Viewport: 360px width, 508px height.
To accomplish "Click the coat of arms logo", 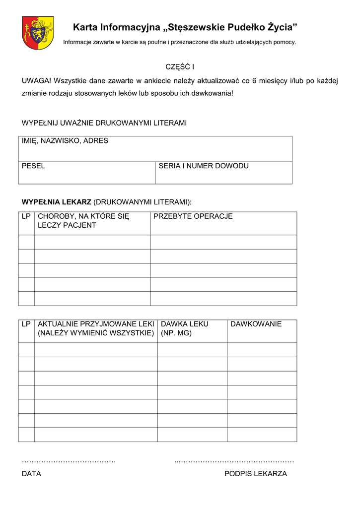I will click(x=38, y=33).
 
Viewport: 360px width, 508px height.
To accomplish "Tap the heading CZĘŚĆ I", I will click(x=180, y=66).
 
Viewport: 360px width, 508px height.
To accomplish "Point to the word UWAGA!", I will click(x=36, y=81).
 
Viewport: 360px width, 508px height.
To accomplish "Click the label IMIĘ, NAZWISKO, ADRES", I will click(x=65, y=141).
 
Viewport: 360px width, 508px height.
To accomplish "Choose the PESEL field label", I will click(x=33, y=166).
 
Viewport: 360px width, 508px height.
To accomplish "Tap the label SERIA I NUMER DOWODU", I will click(x=203, y=166).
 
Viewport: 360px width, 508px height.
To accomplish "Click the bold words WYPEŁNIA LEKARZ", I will click(x=56, y=202).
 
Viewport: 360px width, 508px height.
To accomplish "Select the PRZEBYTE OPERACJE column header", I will click(x=193, y=217).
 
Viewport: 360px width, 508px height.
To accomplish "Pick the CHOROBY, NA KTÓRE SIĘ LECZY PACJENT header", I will click(x=83, y=221).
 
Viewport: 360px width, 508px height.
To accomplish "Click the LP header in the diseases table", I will click(x=26, y=217).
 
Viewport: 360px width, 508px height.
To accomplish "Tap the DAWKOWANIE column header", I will click(x=256, y=324).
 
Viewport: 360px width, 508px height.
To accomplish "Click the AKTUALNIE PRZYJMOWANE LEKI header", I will click(x=96, y=328).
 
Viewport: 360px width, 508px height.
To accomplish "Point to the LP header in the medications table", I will click(x=26, y=324).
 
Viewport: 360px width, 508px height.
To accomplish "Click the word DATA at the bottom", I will click(x=31, y=474).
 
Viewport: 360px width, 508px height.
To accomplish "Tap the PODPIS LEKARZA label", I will click(x=255, y=474).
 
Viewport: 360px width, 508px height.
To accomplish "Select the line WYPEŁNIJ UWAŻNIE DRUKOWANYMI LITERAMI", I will click(x=104, y=123).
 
